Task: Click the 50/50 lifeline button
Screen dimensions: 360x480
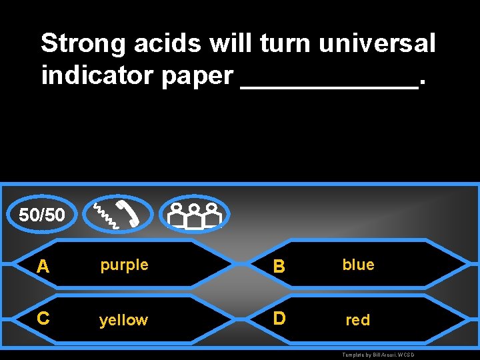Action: (42, 215)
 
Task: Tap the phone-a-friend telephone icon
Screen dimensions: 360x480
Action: (116, 214)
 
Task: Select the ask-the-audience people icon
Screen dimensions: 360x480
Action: (194, 214)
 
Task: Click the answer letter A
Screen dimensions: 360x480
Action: (43, 267)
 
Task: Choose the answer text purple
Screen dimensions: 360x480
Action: (124, 265)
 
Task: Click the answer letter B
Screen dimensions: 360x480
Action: (280, 267)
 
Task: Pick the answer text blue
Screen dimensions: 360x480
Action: (358, 265)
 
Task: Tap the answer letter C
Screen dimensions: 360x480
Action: (43, 319)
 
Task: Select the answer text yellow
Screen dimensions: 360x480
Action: (123, 321)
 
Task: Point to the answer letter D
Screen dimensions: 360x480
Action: (280, 319)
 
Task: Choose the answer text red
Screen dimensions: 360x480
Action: (357, 320)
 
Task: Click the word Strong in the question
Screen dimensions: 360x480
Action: (83, 44)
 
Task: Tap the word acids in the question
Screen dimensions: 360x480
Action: (168, 44)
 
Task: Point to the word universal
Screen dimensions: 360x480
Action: (377, 44)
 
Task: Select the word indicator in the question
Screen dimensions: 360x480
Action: (98, 76)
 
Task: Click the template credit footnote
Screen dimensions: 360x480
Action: (378, 355)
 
